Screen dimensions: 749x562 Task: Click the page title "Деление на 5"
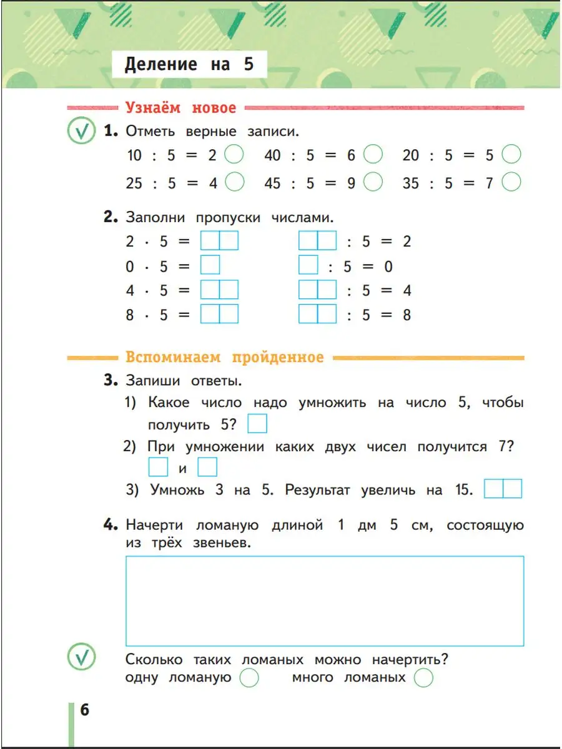(x=189, y=64)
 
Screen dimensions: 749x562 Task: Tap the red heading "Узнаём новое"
(x=180, y=108)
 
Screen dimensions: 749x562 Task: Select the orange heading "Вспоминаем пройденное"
(x=224, y=358)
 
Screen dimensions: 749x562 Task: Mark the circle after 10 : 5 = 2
(x=234, y=154)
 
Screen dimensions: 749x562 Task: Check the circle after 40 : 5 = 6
(x=373, y=154)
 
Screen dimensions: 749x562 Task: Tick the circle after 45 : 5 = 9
(x=373, y=182)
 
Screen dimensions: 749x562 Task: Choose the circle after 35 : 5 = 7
(x=511, y=182)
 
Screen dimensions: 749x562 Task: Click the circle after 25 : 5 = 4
(x=234, y=182)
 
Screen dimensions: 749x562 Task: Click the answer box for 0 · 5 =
(x=210, y=266)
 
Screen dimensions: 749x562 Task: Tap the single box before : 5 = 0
(x=308, y=266)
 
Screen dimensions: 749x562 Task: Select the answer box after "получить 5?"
(x=257, y=424)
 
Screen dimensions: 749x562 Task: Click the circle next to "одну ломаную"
(x=249, y=678)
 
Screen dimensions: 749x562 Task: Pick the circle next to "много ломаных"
(x=423, y=678)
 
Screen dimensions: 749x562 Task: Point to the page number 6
(x=85, y=710)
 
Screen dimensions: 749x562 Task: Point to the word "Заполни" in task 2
(x=156, y=218)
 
